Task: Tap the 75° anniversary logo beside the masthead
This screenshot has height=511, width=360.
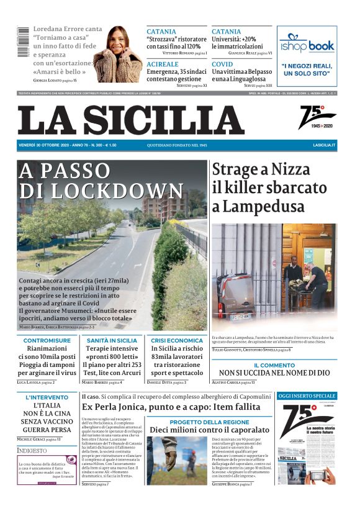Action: (317, 117)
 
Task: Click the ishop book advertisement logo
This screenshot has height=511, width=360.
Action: (307, 45)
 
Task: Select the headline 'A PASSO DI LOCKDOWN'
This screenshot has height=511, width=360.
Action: (102, 181)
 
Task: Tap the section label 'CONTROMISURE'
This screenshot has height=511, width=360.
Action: (47, 340)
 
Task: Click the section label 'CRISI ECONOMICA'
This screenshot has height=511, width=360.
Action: (176, 340)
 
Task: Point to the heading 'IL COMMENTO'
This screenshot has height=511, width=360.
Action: (274, 365)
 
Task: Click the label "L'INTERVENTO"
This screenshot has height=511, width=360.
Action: (47, 397)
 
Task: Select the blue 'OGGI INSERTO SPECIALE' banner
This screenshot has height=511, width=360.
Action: (307, 396)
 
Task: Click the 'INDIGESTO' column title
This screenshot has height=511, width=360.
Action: (32, 450)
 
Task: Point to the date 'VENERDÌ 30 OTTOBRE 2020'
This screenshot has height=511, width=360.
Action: (48, 145)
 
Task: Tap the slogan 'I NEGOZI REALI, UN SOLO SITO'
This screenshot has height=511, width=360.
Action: (307, 69)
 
